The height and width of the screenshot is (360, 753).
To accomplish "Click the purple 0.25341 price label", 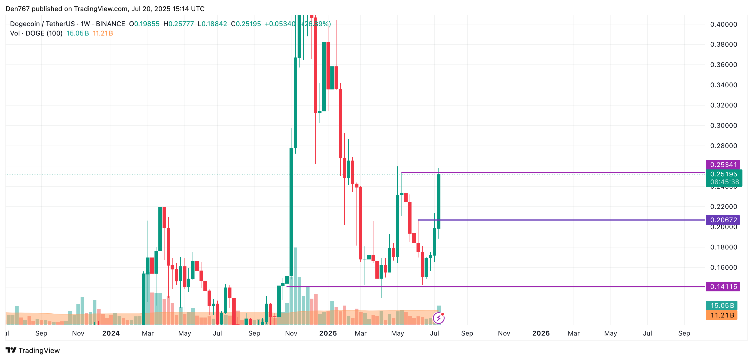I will click(x=723, y=164).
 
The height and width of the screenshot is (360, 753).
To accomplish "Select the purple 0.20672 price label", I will click(x=723, y=220).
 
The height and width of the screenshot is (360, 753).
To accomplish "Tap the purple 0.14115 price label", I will click(x=723, y=286).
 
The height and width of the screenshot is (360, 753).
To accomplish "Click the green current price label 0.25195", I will click(x=724, y=174).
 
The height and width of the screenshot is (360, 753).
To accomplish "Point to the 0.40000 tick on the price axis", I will click(x=724, y=24).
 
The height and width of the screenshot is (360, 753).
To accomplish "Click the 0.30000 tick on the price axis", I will click(x=724, y=125).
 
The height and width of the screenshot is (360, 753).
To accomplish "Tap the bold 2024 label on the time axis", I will click(x=111, y=333).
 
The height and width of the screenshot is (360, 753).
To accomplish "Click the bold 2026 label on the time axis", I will click(x=541, y=333).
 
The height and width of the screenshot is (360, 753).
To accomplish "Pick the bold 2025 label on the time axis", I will click(x=328, y=333).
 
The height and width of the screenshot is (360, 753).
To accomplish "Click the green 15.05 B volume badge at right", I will click(x=721, y=305).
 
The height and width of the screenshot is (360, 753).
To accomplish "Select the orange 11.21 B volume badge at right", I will click(x=721, y=315).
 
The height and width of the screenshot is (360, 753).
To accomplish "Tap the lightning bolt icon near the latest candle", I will click(x=438, y=318).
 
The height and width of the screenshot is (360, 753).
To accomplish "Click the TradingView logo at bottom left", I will click(x=33, y=350).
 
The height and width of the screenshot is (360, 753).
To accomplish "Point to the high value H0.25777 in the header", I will click(x=179, y=24).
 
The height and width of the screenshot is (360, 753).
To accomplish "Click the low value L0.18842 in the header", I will click(x=212, y=24).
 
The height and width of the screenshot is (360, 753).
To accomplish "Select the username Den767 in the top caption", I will click(x=18, y=9).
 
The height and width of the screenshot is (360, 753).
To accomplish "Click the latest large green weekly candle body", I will click(x=438, y=201).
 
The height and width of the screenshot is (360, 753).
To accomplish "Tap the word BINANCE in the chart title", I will click(x=111, y=24).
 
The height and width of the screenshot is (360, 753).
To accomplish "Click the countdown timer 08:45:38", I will click(x=724, y=182).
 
